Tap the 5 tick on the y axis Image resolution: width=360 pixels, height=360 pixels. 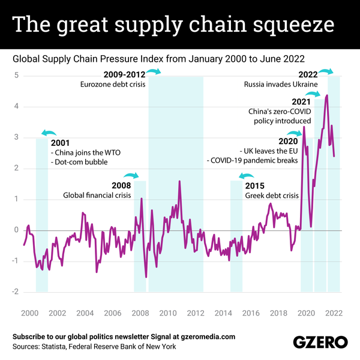click(19, 76)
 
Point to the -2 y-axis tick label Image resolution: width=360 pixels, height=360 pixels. click(17, 292)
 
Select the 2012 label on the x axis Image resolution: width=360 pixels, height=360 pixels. click(196, 313)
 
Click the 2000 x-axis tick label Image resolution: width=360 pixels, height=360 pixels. click(29, 313)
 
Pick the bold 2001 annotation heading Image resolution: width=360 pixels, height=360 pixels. click(60, 143)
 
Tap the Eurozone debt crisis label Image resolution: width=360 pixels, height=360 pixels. click(113, 85)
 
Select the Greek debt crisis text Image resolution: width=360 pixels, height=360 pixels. click(272, 196)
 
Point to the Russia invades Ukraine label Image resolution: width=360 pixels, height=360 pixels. click(281, 85)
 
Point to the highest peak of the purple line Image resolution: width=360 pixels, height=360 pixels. click(326, 95)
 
